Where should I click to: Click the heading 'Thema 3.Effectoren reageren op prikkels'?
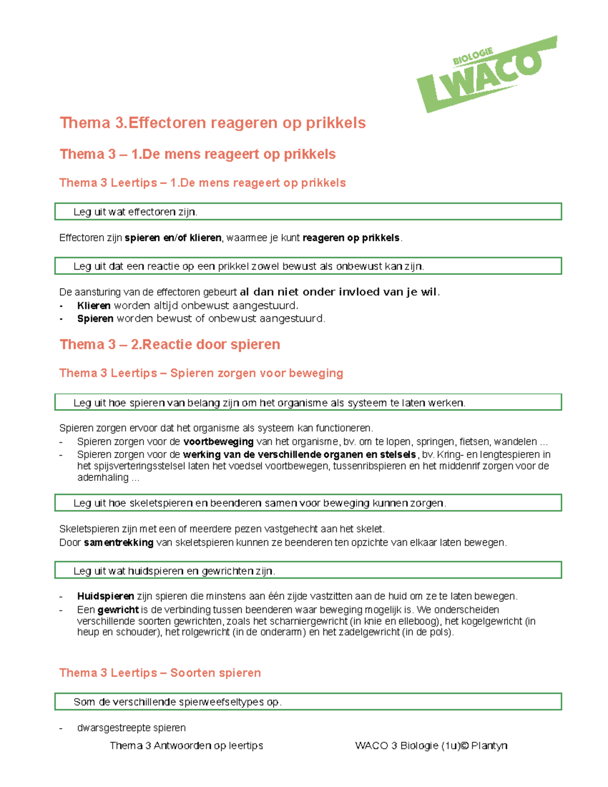[213, 123]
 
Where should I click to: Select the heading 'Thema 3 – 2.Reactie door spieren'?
[170, 345]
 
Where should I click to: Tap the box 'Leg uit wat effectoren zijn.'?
[308, 212]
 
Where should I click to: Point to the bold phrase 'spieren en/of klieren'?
[173, 238]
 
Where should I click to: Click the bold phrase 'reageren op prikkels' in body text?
[351, 238]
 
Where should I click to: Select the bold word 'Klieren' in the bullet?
[94, 306]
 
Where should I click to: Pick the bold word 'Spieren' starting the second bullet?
[95, 319]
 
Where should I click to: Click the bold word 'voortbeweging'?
[218, 441]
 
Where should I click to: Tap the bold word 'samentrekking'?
[119, 543]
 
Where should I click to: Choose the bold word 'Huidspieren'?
[105, 596]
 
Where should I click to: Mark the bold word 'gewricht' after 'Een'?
[118, 610]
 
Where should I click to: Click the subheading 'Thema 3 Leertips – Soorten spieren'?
[160, 672]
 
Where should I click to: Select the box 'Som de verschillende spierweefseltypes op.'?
[308, 702]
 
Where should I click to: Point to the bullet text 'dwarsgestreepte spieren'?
[131, 728]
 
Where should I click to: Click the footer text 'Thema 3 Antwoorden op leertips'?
[186, 745]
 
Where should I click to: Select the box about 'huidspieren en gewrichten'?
[308, 571]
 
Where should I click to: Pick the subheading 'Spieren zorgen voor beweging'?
[256, 373]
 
